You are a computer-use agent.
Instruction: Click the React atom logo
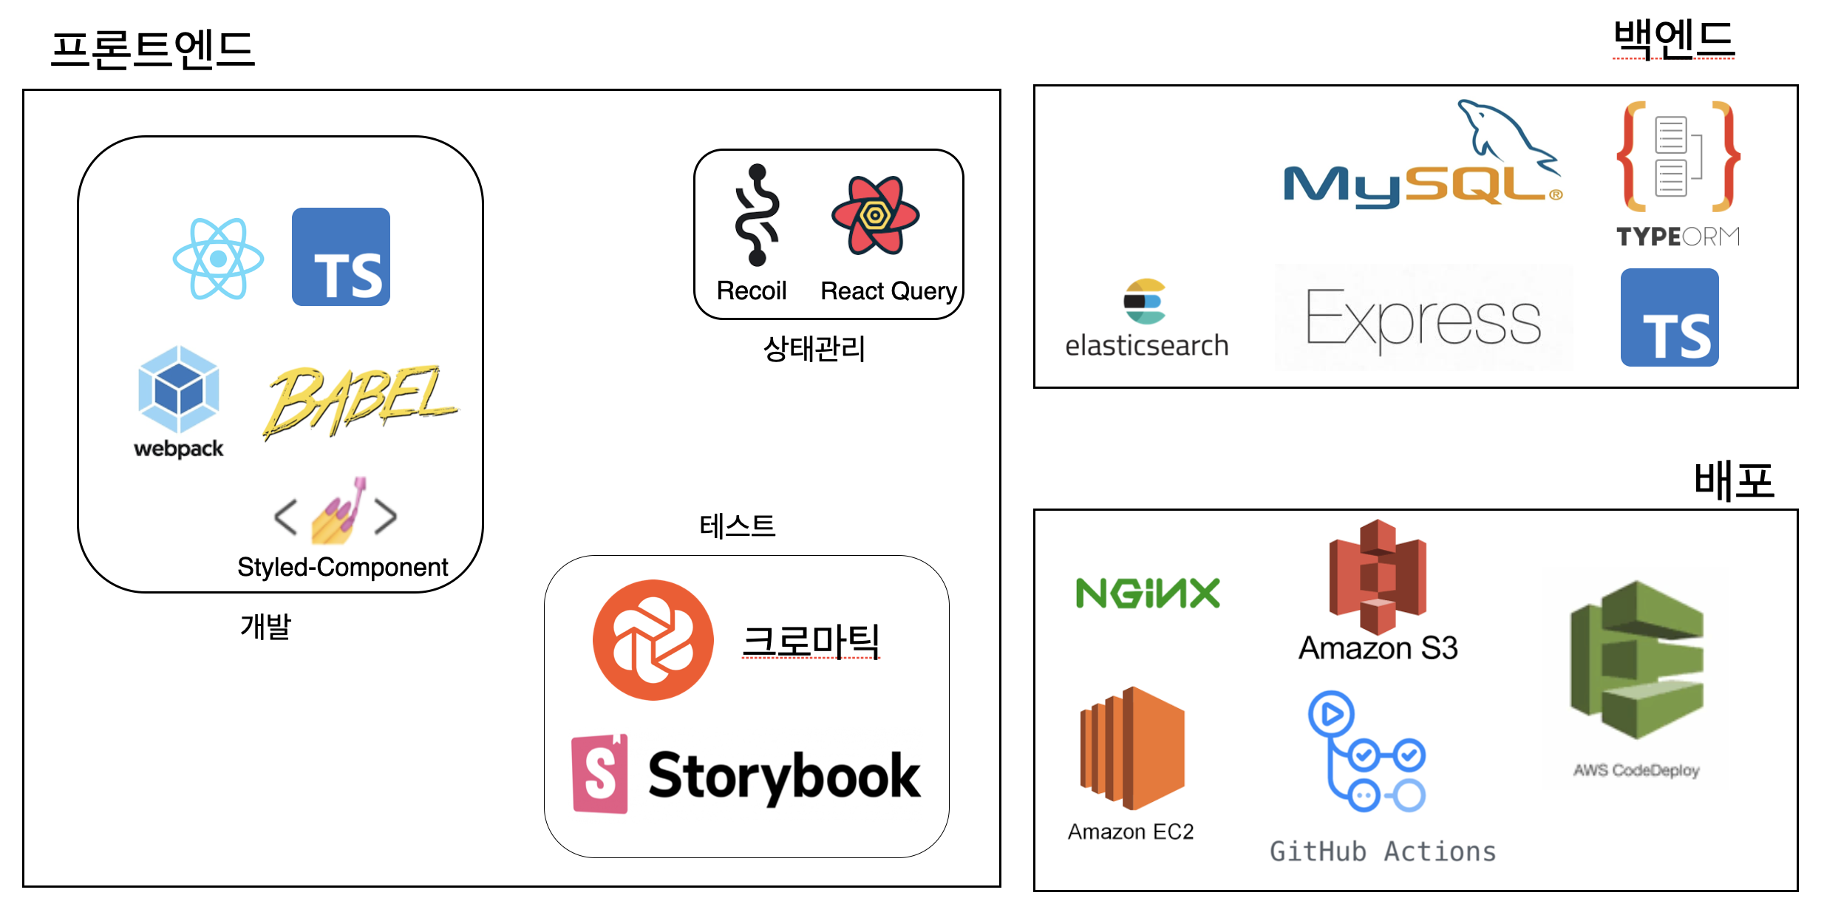pyautogui.click(x=218, y=259)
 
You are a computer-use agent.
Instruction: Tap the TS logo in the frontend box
pyautogui.click(x=341, y=256)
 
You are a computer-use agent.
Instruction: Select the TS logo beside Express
pyautogui.click(x=1669, y=317)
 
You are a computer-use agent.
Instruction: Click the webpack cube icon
pyautogui.click(x=178, y=389)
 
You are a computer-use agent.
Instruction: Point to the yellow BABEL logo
pyautogui.click(x=360, y=401)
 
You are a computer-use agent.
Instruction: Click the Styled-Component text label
pyautogui.click(x=342, y=567)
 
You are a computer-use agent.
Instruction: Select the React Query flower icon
pyautogui.click(x=875, y=215)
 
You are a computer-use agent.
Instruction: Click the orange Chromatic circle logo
pyautogui.click(x=653, y=639)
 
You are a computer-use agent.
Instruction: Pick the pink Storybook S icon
pyautogui.click(x=600, y=774)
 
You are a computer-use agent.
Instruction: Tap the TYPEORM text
pyautogui.click(x=1678, y=237)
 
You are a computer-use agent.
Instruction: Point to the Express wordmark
pyautogui.click(x=1423, y=318)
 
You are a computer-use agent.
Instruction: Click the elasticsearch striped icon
pyautogui.click(x=1144, y=301)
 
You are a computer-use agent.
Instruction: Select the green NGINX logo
pyautogui.click(x=1147, y=593)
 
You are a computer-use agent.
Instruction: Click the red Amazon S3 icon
pyautogui.click(x=1378, y=576)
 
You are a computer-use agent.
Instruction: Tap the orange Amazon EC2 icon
pyautogui.click(x=1132, y=748)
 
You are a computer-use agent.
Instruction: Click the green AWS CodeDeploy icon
pyautogui.click(x=1636, y=659)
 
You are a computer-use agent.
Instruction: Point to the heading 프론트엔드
pyautogui.click(x=153, y=50)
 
